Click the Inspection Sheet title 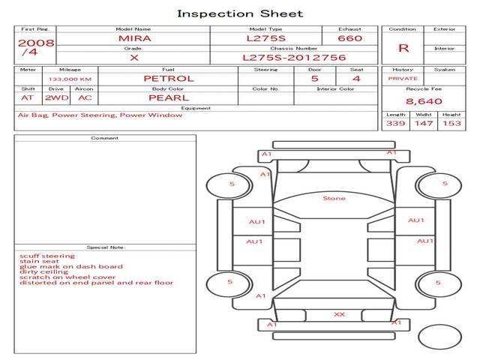240,13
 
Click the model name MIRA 133,38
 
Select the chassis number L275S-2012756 294,57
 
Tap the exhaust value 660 349,38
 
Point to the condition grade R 403,48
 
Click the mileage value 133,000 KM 70,79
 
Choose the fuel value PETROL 169,78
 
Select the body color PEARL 168,97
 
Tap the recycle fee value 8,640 424,101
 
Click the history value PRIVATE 403,78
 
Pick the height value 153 451,123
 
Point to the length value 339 395,123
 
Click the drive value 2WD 55,97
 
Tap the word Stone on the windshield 334,199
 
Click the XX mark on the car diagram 339,314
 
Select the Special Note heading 105,247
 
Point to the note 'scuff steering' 47,256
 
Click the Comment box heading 105,138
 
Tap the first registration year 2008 35,43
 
